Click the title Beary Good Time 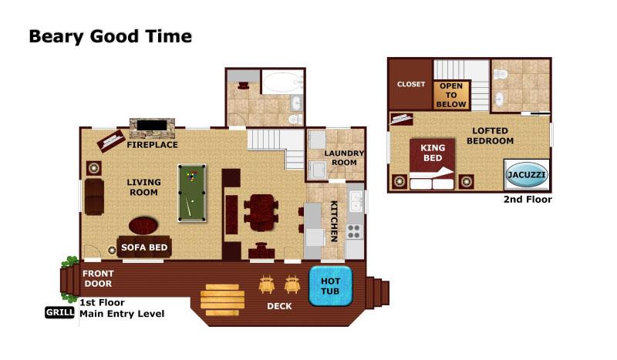click(110, 36)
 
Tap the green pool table click(192, 193)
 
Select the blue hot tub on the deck click(331, 286)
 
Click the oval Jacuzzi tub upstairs click(526, 175)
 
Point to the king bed click(432, 163)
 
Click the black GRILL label click(59, 312)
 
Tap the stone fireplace click(152, 127)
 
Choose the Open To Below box click(451, 95)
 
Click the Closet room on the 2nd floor click(410, 84)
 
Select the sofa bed click(144, 247)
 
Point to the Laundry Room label click(344, 158)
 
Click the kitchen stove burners click(354, 231)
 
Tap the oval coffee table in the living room click(143, 226)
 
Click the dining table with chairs click(261, 213)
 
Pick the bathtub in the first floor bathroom click(282, 82)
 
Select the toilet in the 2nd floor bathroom click(501, 73)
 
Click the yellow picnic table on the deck click(223, 300)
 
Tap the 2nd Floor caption click(528, 200)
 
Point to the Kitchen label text click(334, 220)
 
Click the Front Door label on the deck click(98, 278)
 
